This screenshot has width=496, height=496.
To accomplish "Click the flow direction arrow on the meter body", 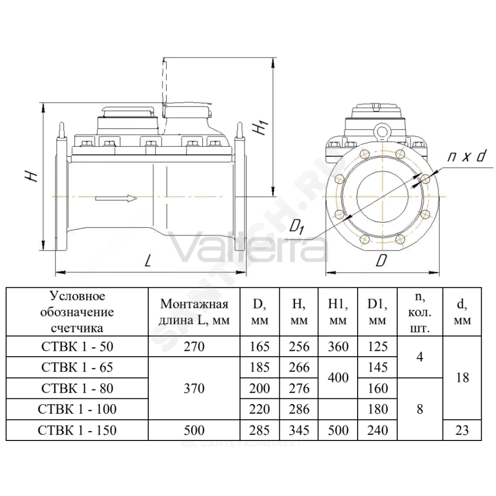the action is point(116,199).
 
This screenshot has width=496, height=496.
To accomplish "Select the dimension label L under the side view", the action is point(147,261).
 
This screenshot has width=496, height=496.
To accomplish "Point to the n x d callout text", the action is point(466,157).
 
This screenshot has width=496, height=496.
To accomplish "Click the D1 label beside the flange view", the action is point(297,227).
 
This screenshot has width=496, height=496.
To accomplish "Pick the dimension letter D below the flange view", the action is point(381,261).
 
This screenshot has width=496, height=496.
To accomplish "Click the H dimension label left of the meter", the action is point(32,176).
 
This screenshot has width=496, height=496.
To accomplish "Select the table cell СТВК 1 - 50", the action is point(77,347).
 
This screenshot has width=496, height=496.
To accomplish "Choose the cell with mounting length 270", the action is point(194,347).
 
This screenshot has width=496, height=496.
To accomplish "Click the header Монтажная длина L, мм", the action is point(194,312).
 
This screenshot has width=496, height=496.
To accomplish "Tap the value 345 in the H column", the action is point(299,430).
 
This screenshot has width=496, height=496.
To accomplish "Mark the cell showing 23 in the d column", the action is point(462,430).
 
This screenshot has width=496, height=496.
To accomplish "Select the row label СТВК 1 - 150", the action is point(77,430).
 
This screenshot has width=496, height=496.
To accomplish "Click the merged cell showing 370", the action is point(194,388).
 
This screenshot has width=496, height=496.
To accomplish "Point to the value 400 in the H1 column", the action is point(338,377).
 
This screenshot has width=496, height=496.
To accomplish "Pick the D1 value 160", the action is point(377,388).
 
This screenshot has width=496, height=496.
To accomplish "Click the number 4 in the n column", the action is point(420,357).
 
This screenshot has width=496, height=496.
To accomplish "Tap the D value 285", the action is point(260,430).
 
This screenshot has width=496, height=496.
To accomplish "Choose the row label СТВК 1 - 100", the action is point(77,409).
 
